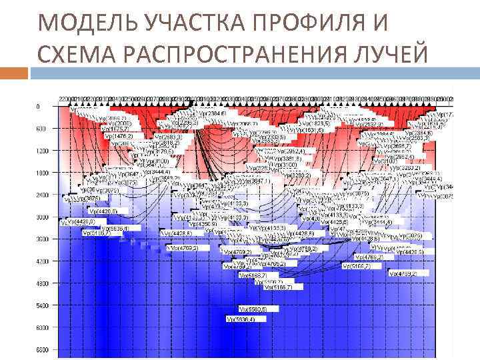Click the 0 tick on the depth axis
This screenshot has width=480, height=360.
click(38, 107)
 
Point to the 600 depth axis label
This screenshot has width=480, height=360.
click(41, 129)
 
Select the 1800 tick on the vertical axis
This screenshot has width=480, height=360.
click(42, 173)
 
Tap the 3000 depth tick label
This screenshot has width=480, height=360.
click(42, 217)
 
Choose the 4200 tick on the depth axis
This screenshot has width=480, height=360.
click(42, 261)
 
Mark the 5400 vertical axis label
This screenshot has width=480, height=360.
click(42, 305)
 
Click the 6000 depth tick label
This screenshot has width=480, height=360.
click(42, 327)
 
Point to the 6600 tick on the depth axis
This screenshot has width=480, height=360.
click(42, 349)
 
